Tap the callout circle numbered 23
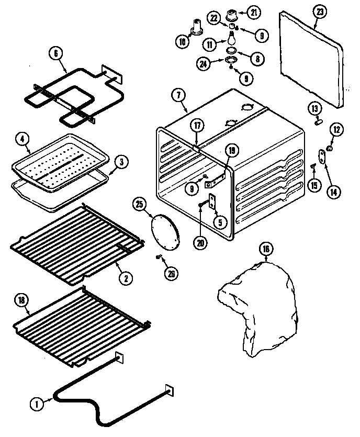[x=319, y=12]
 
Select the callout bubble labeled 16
[x=266, y=250]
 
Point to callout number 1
[x=37, y=403]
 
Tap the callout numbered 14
[x=332, y=192]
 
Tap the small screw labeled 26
[x=158, y=256]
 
